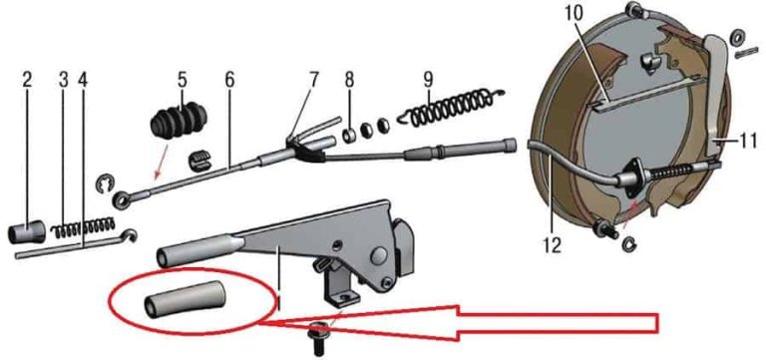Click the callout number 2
pos(27,80)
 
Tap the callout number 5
pos(182,80)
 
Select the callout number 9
pos(429,80)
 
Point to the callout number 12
pos(552,245)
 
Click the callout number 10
pos(574,14)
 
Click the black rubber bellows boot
pos(180,120)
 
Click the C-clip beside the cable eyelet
pos(104,184)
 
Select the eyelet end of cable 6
pos(120,198)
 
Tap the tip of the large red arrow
pos(260,323)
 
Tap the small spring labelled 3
pos(84,227)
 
